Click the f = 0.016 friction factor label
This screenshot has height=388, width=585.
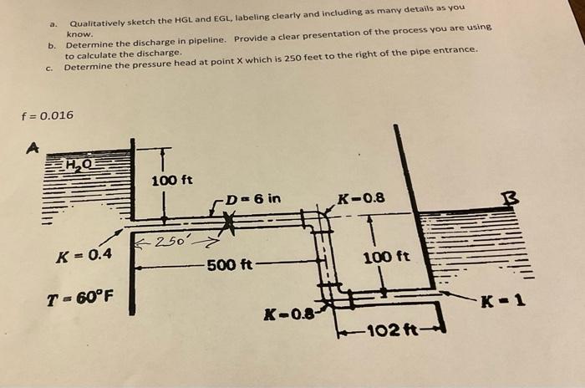point(48,115)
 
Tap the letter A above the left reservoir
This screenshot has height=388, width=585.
point(33,148)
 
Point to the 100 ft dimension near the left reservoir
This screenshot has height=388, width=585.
point(172,180)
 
